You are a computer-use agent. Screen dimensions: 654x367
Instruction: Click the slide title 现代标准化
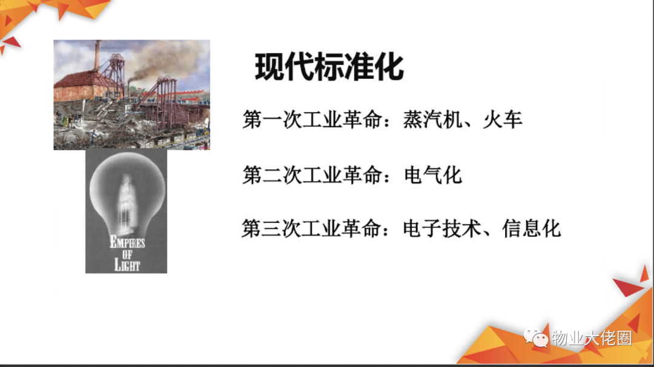pyautogui.click(x=329, y=67)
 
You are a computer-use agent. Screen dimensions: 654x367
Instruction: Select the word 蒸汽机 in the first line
pyautogui.click(x=432, y=120)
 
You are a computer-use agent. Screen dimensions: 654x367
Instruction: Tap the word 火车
pyautogui.click(x=503, y=120)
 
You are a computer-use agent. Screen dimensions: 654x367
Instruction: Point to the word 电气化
pyautogui.click(x=433, y=175)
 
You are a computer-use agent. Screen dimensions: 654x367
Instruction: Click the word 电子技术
pyautogui.click(x=442, y=228)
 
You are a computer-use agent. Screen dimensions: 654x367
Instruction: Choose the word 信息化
pyautogui.click(x=532, y=228)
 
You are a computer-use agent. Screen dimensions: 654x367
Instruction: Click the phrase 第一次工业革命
pyautogui.click(x=312, y=120)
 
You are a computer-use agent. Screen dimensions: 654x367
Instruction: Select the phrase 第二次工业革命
pyautogui.click(x=312, y=175)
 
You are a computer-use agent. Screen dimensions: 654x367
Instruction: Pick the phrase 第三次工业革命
pyautogui.click(x=312, y=228)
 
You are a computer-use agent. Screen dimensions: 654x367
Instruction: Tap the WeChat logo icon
pyautogui.click(x=536, y=337)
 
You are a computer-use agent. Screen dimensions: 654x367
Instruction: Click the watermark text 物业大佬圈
pyautogui.click(x=592, y=338)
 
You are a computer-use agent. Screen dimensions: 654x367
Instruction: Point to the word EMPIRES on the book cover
pyautogui.click(x=127, y=242)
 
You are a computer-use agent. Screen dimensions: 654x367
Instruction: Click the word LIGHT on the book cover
pyautogui.click(x=127, y=265)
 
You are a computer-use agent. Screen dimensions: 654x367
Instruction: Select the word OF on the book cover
pyautogui.click(x=127, y=254)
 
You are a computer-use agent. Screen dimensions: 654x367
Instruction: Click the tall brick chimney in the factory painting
pyautogui.click(x=97, y=56)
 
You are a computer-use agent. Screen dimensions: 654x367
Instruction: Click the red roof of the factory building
pyautogui.click(x=77, y=79)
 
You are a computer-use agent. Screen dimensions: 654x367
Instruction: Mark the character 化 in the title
pyautogui.click(x=389, y=67)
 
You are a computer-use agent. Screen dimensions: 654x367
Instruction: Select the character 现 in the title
pyautogui.click(x=269, y=67)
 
